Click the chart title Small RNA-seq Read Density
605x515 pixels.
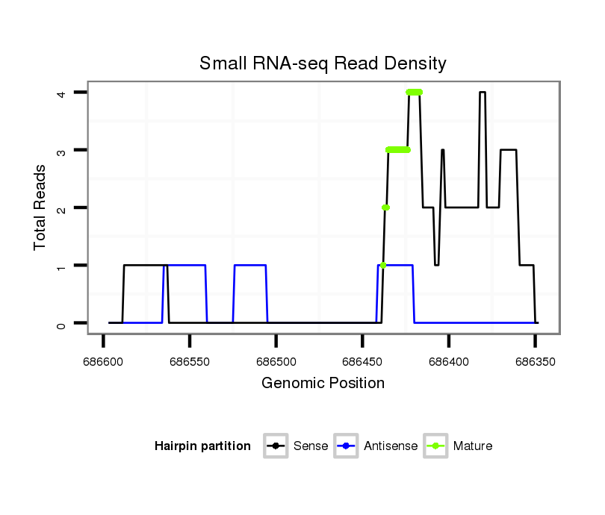pos(323,63)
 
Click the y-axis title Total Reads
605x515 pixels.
pos(40,207)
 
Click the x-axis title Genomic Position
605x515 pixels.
pos(323,384)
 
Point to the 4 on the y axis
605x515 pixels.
pos(64,93)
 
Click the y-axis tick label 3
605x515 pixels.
pos(64,150)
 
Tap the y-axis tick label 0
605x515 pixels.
pos(64,323)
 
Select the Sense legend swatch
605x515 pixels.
pos(276,446)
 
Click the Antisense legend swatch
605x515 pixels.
pos(347,446)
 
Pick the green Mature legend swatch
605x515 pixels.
pos(435,446)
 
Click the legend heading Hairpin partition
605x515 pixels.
pos(202,446)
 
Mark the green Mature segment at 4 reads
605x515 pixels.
pos(414,93)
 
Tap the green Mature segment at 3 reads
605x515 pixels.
pos(398,150)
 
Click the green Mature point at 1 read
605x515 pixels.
pos(383,265)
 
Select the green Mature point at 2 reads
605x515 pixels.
pos(385,207)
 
